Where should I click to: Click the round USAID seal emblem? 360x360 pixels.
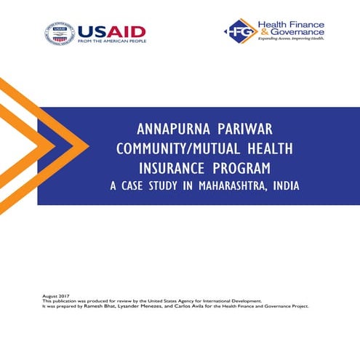[x=60, y=33]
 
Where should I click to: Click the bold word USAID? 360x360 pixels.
[x=111, y=31]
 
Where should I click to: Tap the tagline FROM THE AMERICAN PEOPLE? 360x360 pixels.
[x=111, y=42]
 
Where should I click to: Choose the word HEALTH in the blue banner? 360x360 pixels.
[x=269, y=148]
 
